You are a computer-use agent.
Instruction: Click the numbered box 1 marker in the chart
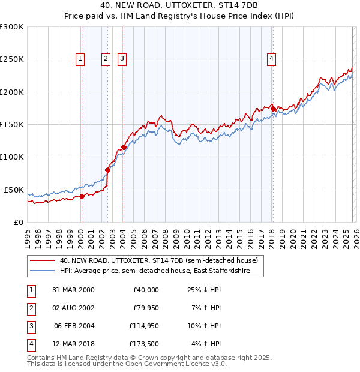pos(80,58)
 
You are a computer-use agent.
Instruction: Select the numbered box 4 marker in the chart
pos(272,58)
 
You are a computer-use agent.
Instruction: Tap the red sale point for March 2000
pos(82,196)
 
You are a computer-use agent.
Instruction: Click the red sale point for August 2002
pos(107,170)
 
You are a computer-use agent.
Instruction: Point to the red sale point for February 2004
pos(124,147)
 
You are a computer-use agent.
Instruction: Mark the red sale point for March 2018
pos(273,109)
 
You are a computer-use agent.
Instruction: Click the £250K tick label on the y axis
pos(12,59)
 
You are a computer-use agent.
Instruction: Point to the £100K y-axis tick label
pos(12,157)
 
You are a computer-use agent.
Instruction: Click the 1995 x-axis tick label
pos(27,235)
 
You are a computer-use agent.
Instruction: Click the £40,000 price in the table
pos(145,290)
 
